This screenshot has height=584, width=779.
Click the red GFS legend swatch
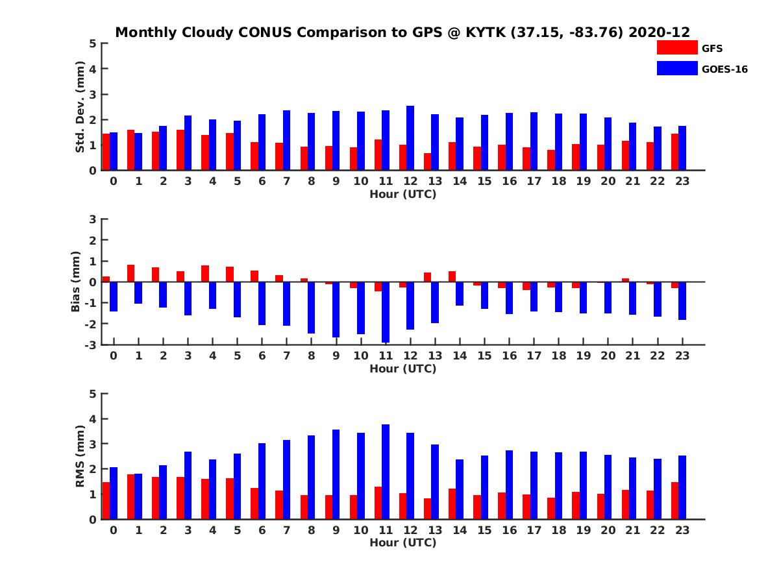coord(677,47)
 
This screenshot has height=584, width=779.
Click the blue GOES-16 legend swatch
coord(677,68)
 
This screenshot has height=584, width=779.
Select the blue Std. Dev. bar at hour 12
coord(410,138)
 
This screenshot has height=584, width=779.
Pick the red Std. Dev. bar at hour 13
coord(427,162)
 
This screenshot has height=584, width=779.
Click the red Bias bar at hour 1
coord(130,273)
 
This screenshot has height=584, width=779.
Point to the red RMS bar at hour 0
coord(106,500)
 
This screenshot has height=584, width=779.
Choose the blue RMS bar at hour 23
coord(682,487)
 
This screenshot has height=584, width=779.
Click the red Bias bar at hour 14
coord(452,276)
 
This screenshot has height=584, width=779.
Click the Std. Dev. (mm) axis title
coord(80,107)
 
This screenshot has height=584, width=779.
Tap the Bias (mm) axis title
coord(75,282)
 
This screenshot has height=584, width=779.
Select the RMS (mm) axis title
coord(80,456)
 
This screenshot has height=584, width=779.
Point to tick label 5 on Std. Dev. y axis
coord(93,43)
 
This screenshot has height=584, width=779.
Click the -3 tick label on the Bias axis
coord(91,345)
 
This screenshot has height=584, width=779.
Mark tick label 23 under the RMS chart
coord(682,529)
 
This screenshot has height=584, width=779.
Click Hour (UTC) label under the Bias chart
coord(402,369)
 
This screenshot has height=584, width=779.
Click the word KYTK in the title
coord(480,32)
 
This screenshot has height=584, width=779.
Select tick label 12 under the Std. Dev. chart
coord(410,181)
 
